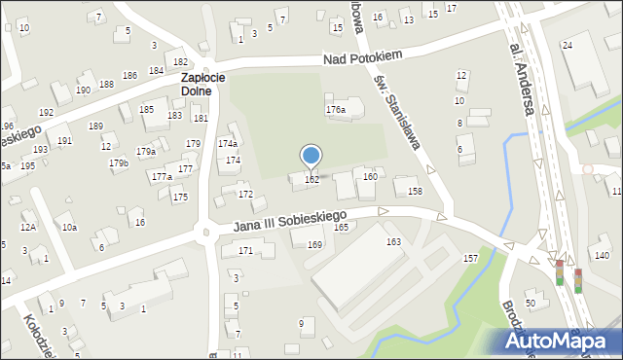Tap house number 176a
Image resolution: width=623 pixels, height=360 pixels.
pyautogui.click(x=336, y=110)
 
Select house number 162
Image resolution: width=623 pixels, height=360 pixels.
pyautogui.click(x=311, y=180)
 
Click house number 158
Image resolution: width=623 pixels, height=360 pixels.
pyautogui.click(x=415, y=192)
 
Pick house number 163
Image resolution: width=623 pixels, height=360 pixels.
pyautogui.click(x=393, y=241)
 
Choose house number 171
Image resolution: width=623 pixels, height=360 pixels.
pyautogui.click(x=245, y=251)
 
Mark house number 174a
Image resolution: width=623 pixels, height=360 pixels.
pyautogui.click(x=227, y=144)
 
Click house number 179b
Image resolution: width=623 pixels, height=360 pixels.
pyautogui.click(x=119, y=163)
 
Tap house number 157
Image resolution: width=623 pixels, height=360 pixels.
pyautogui.click(x=470, y=258)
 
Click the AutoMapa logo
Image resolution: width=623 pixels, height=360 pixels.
pyautogui.click(x=558, y=342)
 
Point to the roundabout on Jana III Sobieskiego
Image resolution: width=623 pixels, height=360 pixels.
pyautogui.click(x=204, y=233)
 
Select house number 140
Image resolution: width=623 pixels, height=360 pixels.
pyautogui.click(x=602, y=255)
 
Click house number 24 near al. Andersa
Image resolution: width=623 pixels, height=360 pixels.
pyautogui.click(x=567, y=46)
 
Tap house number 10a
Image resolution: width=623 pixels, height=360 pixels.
pyautogui.click(x=69, y=228)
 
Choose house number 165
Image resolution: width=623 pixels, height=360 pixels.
pyautogui.click(x=342, y=227)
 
